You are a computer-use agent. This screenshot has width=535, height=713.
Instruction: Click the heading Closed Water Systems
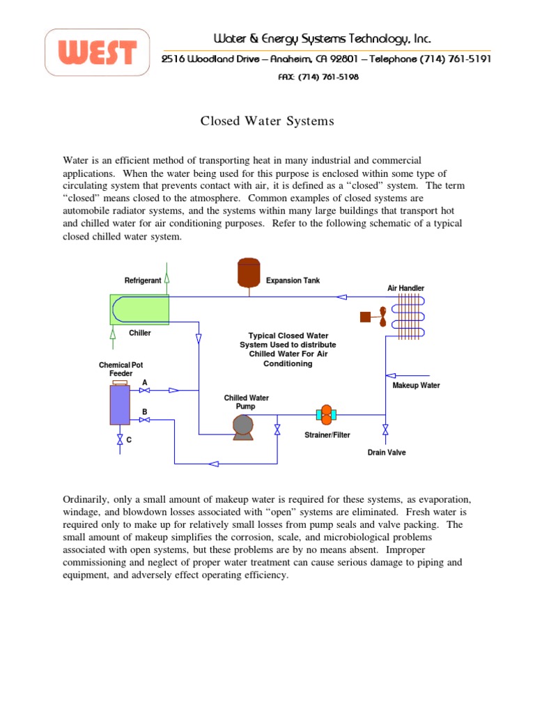[267, 121]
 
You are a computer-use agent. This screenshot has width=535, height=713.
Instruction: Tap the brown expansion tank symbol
[248, 273]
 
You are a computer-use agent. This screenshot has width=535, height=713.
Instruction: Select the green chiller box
[139, 309]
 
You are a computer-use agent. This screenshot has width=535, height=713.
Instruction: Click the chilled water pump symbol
[242, 426]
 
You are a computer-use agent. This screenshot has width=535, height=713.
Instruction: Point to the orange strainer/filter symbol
[326, 415]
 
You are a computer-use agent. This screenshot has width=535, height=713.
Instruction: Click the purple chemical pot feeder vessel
[120, 405]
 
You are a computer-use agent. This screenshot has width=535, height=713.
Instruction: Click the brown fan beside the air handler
[373, 317]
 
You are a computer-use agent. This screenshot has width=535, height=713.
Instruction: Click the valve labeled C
[120, 439]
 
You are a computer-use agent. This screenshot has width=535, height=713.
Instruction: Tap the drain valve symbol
[385, 430]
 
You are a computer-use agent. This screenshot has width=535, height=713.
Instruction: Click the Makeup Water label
[417, 386]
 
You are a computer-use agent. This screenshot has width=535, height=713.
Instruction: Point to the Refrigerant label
[143, 281]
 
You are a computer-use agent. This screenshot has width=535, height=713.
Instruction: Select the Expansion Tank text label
[293, 281]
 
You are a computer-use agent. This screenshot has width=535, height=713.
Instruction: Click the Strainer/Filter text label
[327, 435]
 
